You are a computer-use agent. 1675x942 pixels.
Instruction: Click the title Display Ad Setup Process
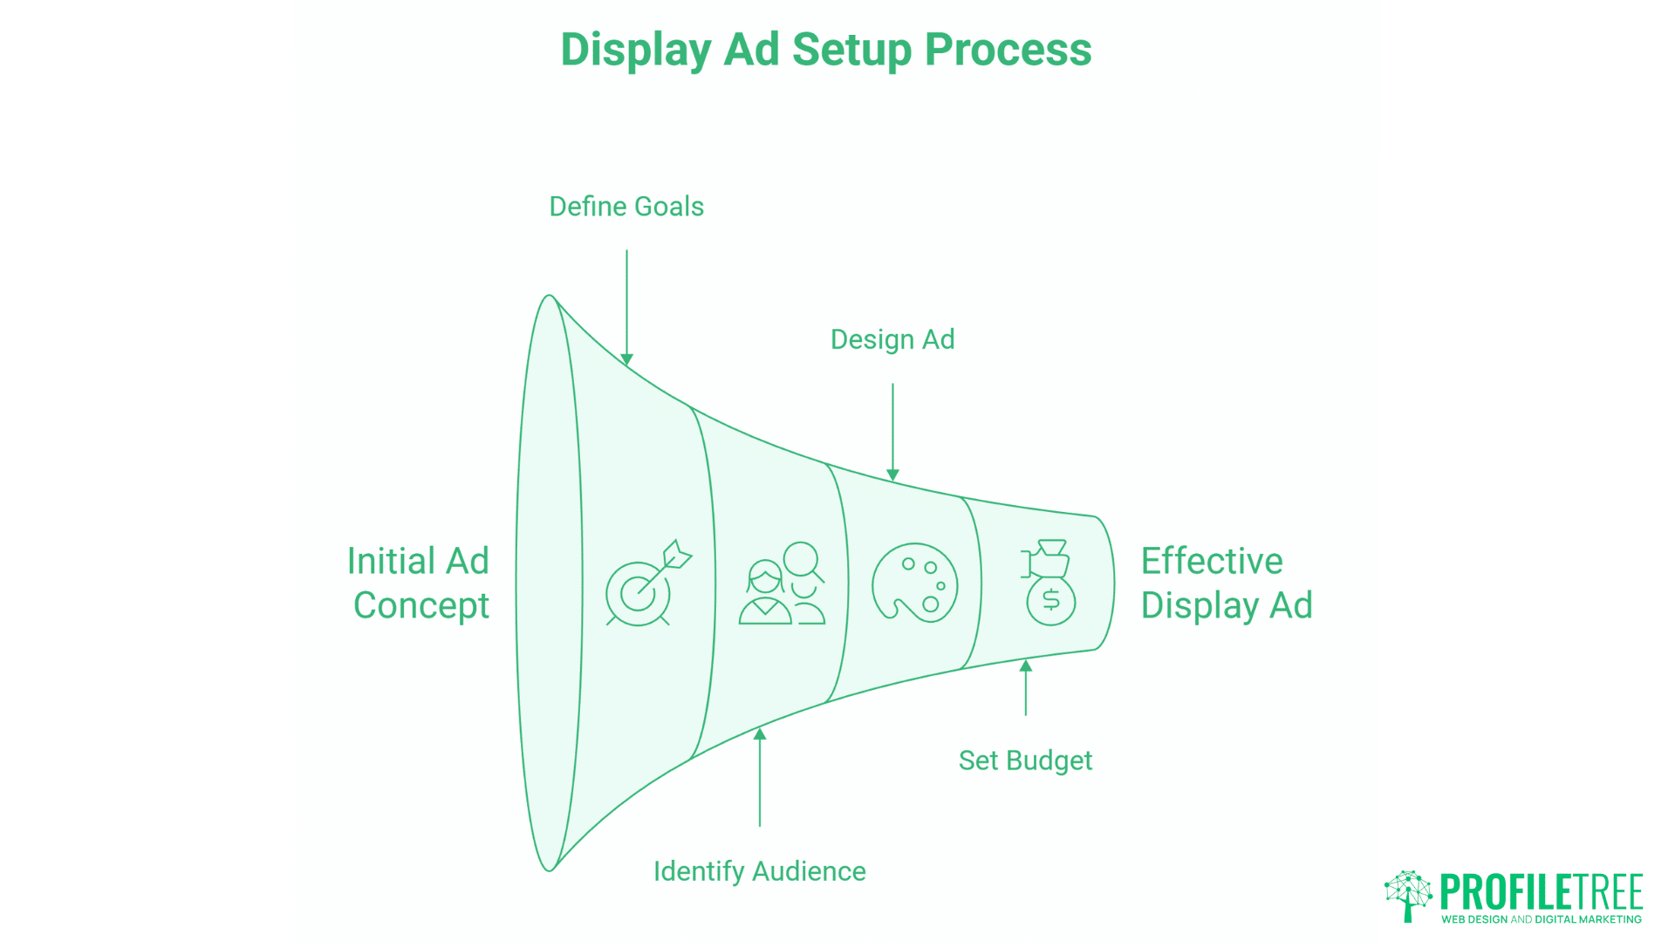pyautogui.click(x=825, y=50)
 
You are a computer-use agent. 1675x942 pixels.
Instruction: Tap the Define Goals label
pyautogui.click(x=626, y=207)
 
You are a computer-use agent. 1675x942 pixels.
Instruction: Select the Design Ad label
pyautogui.click(x=892, y=339)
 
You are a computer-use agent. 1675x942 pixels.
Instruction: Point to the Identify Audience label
pyautogui.click(x=759, y=871)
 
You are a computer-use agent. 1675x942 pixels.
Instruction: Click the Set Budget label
pyautogui.click(x=1025, y=761)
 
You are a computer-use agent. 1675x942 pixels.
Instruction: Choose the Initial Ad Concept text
pyautogui.click(x=420, y=583)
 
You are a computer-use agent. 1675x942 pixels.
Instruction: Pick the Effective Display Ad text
pyautogui.click(x=1226, y=583)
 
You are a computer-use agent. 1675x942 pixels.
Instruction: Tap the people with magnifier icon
pyautogui.click(x=781, y=584)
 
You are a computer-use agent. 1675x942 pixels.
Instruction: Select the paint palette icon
pyautogui.click(x=914, y=583)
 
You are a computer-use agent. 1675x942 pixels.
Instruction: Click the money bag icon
pyautogui.click(x=1049, y=583)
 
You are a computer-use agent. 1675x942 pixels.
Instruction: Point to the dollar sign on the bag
pyautogui.click(x=1051, y=600)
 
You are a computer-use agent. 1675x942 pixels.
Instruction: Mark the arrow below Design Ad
pyautogui.click(x=892, y=432)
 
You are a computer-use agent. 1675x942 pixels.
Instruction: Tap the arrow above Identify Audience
pyautogui.click(x=760, y=776)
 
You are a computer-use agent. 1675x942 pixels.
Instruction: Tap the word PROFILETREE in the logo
pyautogui.click(x=1541, y=892)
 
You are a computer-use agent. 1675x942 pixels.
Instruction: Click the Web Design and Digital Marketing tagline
pyautogui.click(x=1541, y=919)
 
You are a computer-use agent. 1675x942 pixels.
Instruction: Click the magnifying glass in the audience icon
pyautogui.click(x=803, y=561)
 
